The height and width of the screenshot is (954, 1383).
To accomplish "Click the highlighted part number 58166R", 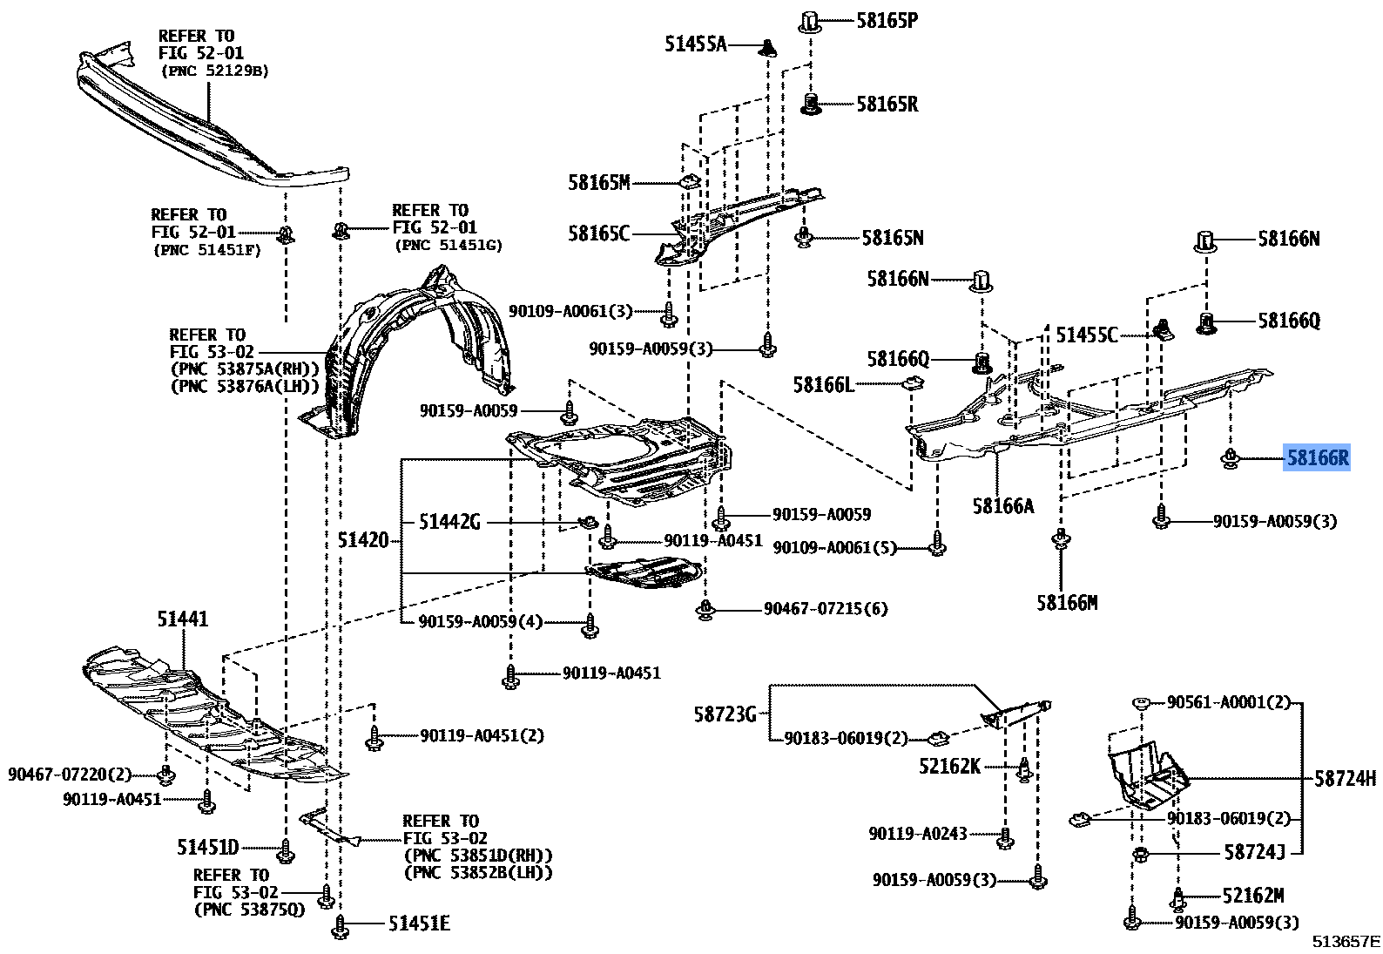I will point(1317,457).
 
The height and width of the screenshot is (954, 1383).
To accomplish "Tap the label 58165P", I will point(887,21).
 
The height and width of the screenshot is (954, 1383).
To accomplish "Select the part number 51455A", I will point(695,44).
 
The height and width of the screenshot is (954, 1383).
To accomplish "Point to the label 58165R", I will point(887,105).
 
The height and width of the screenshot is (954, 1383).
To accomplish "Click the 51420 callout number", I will point(363,541).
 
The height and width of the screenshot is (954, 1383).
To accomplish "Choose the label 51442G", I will point(449,522).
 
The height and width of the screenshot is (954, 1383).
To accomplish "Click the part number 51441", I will point(183,619).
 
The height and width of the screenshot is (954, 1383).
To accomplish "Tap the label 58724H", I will point(1345,779).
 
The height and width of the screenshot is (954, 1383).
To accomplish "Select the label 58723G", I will point(725,714).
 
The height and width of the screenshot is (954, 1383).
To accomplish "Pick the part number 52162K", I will point(949,767).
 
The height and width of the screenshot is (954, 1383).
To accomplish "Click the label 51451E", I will point(419,924).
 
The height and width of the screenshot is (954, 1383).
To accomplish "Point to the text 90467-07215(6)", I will point(826,609).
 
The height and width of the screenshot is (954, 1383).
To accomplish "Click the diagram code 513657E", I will point(1346,942).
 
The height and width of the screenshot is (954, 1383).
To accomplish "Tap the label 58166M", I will point(1067,603).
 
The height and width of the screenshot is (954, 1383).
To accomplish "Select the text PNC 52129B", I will point(215,71).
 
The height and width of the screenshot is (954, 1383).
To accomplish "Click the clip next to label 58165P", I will point(809,21).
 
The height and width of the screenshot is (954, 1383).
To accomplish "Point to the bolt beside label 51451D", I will point(286,849).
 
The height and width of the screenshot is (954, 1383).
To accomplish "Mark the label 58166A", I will point(1003,506).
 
